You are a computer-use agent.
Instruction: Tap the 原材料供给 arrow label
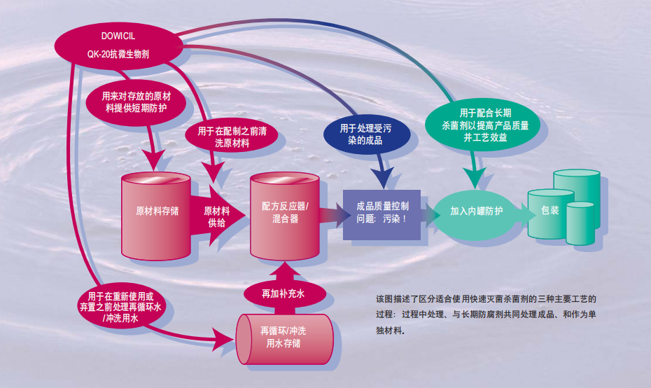point(217,216)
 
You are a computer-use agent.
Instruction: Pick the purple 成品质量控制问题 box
point(381,213)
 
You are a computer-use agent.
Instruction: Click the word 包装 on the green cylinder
point(549,210)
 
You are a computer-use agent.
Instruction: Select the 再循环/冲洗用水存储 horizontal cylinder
point(283,336)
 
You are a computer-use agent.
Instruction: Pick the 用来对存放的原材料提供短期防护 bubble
point(136,102)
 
